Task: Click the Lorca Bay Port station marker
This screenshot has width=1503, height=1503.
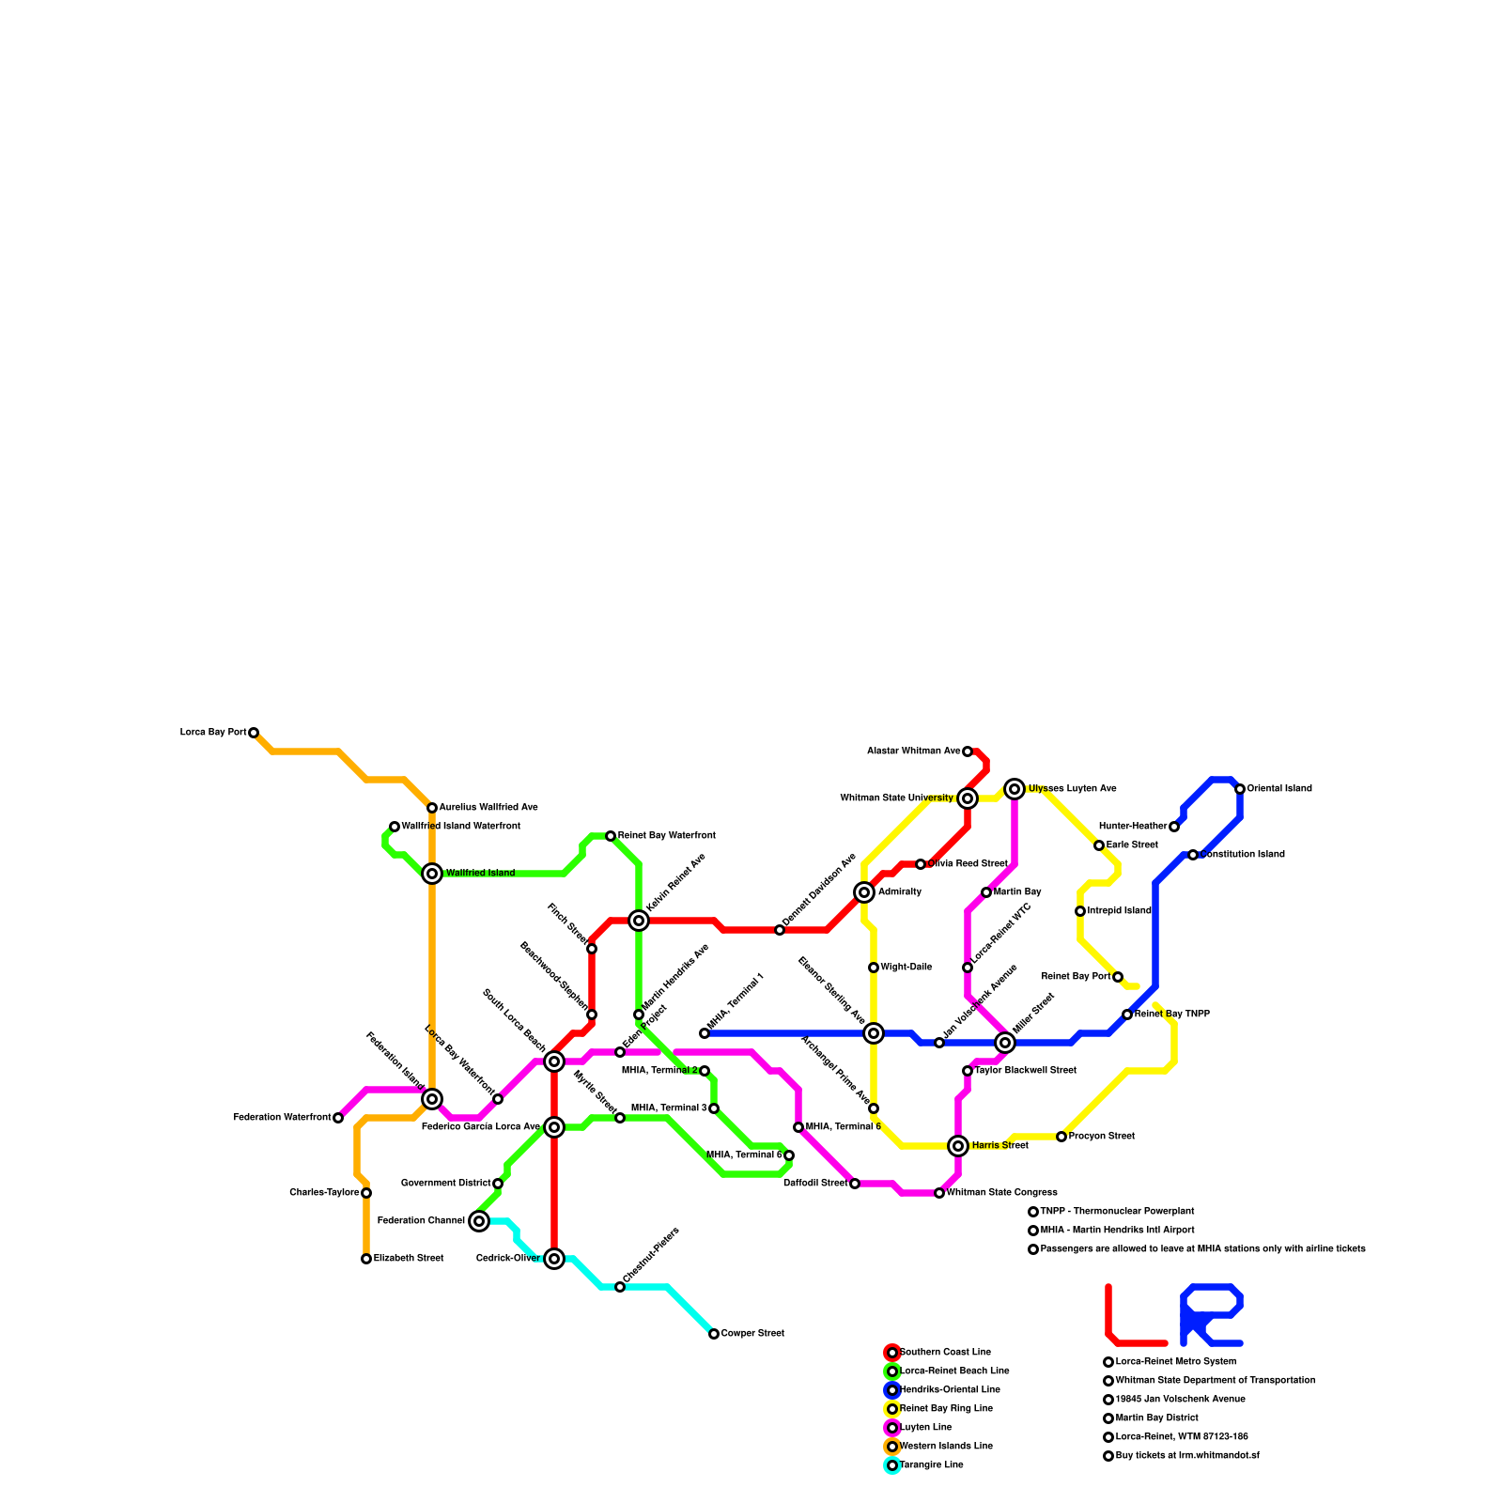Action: (x=254, y=733)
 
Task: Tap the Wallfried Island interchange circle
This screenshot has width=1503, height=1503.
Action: (x=432, y=874)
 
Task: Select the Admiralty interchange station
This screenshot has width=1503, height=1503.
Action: (x=864, y=892)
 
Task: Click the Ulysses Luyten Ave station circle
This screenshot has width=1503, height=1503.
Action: (x=1015, y=789)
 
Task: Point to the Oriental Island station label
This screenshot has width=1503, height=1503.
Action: (x=1278, y=789)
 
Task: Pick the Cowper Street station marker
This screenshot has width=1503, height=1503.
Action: (x=714, y=1334)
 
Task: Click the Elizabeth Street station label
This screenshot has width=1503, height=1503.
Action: (x=409, y=1259)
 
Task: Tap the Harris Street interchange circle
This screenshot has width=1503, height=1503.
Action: (x=958, y=1146)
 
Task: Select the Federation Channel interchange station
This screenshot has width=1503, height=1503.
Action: (x=479, y=1221)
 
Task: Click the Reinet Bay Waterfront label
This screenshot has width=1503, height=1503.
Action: (x=666, y=836)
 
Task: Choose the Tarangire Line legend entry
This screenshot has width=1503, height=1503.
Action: (x=931, y=1465)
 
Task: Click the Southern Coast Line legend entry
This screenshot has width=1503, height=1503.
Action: (x=945, y=1353)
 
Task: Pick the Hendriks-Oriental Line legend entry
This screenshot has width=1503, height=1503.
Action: (x=950, y=1390)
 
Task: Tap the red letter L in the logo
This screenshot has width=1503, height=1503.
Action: (x=1127, y=1320)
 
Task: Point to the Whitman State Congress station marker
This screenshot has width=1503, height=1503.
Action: (x=939, y=1193)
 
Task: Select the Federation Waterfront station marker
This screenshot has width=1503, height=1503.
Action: (x=338, y=1118)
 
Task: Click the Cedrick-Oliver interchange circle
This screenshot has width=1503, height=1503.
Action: (x=554, y=1259)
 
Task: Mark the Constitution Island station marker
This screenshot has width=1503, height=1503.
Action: (x=1193, y=855)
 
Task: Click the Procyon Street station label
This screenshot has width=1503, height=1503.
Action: (x=1101, y=1137)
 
